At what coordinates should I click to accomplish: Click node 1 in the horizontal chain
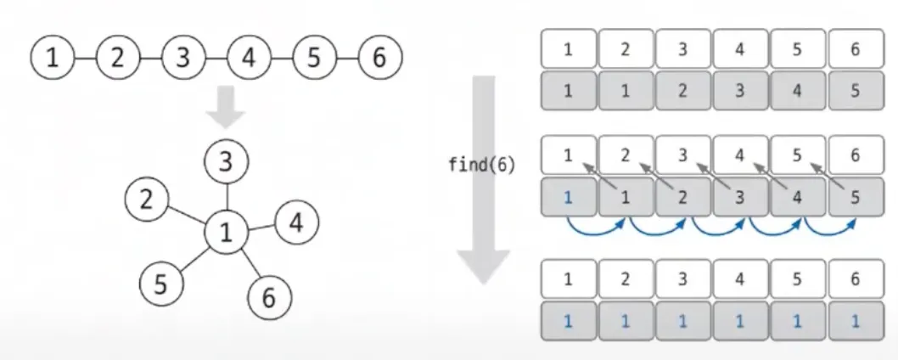point(53,58)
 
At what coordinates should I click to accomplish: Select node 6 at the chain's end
point(379,58)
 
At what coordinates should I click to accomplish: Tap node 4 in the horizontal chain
point(248,58)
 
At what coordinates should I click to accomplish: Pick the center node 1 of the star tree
point(226,231)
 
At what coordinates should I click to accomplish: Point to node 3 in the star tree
point(226,161)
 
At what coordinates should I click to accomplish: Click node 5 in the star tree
point(160,284)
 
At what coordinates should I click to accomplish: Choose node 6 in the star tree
point(269,297)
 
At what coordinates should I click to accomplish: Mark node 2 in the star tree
point(146,200)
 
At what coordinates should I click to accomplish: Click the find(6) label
point(482,165)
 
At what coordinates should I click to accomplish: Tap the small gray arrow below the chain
point(226,106)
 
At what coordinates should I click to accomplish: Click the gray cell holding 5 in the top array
point(855,90)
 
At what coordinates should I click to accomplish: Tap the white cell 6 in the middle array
point(855,155)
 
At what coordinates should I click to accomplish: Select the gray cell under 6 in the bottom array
point(855,321)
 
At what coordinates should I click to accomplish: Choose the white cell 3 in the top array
point(682,49)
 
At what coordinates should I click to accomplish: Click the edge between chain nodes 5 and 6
point(346,58)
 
